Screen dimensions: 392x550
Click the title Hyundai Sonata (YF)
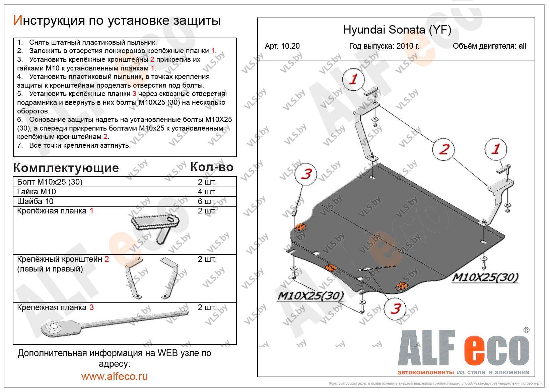point(397,30)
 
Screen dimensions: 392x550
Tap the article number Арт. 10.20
point(282,46)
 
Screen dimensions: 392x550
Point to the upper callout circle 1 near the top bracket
point(353,80)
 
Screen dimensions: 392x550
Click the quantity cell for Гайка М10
point(207,192)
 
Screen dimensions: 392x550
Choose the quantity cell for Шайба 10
point(207,201)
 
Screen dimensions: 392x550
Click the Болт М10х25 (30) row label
point(50,182)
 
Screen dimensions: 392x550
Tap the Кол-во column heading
point(211,167)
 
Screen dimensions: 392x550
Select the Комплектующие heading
point(66,168)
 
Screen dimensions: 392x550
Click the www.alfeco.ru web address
point(114,376)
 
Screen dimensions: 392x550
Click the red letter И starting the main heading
point(17,21)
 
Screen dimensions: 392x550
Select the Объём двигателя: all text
point(489,46)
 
